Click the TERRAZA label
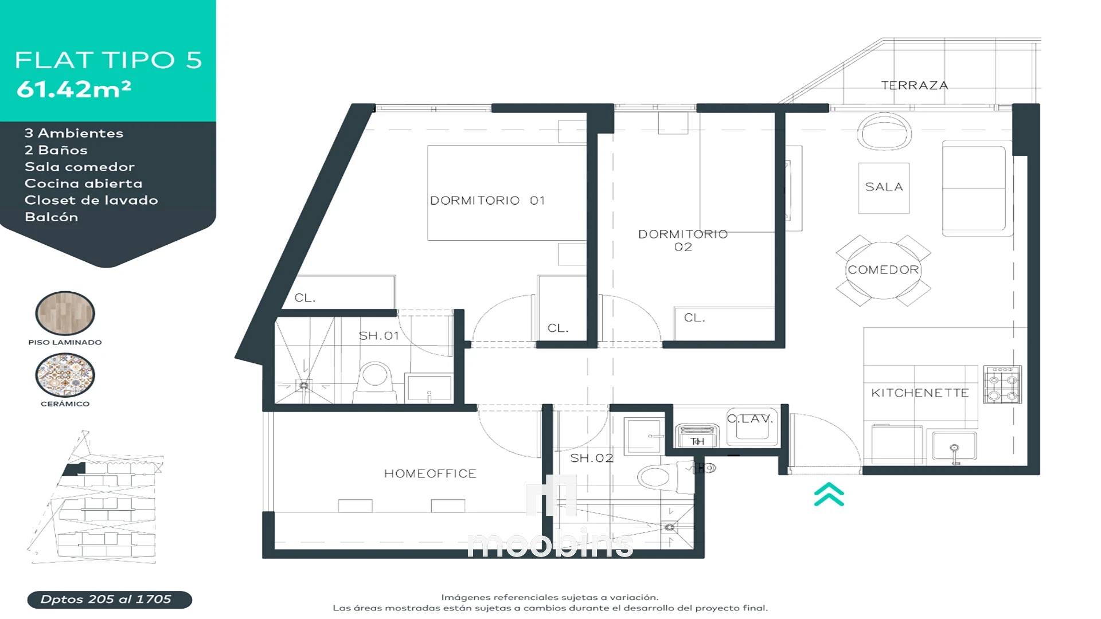point(914,85)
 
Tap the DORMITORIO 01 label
point(487,201)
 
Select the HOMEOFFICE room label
point(430,473)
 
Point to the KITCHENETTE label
point(920,393)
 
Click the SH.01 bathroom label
point(378,336)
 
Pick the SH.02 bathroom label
point(592,458)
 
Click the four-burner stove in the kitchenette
point(1002,385)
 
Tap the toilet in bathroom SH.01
point(375,381)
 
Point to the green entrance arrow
point(829,495)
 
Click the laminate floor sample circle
point(65,313)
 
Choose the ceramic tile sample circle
point(65,375)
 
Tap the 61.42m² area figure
point(74,89)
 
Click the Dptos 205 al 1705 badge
point(110,600)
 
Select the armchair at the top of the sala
point(884,131)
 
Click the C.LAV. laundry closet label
point(750,418)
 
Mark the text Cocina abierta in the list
point(84,183)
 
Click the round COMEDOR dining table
point(883,270)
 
